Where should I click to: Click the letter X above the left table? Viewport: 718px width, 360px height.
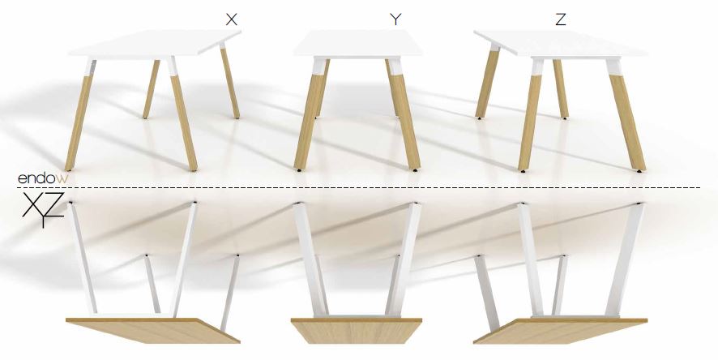click(232, 19)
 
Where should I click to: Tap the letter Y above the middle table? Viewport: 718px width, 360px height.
click(395, 19)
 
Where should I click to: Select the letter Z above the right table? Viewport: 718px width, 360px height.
click(560, 19)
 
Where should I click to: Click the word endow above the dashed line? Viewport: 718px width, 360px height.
click(43, 178)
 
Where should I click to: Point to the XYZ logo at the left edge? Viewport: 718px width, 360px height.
click(43, 210)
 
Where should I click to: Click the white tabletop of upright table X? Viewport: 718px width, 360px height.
click(155, 44)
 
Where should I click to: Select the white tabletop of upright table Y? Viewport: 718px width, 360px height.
click(357, 44)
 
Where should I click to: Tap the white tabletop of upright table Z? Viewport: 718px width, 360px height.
click(561, 44)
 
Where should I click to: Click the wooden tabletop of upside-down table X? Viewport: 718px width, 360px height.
click(153, 331)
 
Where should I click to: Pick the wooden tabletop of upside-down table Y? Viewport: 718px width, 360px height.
click(357, 331)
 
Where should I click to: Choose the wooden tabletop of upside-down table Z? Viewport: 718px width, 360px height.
click(561, 331)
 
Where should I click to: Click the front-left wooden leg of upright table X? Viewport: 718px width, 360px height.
click(79, 121)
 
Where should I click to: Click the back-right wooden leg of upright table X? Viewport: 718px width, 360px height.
click(230, 83)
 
